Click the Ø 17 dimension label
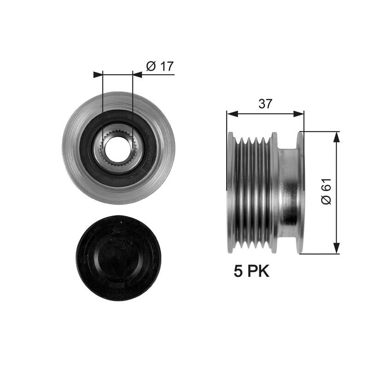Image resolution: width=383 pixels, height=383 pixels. [x=160, y=66]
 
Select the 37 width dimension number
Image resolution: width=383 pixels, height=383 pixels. [x=265, y=104]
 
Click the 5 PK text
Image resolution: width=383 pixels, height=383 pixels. [x=251, y=271]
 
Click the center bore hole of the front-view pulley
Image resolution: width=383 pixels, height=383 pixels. [x=118, y=149]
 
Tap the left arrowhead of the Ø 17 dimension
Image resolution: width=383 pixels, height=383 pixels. [x=98, y=75]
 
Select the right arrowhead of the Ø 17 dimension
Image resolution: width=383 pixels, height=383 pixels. [x=137, y=75]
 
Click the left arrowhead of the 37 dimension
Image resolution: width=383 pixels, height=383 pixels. [x=232, y=114]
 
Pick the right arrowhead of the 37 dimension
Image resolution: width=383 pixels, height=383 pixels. [x=299, y=114]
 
